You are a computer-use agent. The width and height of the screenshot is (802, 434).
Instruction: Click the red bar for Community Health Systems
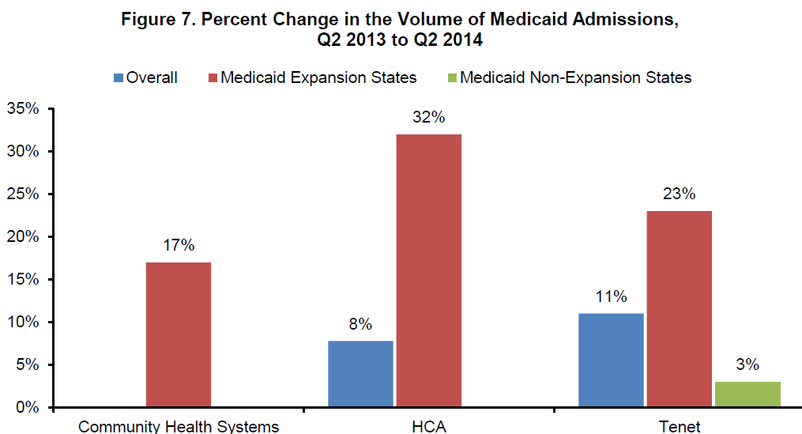(178, 334)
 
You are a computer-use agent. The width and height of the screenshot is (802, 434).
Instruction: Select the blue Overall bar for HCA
(360, 374)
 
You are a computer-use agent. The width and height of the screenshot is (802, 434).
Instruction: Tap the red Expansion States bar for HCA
(428, 270)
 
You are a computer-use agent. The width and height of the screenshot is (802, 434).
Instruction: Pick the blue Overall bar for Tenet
(611, 360)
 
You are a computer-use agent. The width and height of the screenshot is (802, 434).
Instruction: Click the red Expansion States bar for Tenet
(679, 309)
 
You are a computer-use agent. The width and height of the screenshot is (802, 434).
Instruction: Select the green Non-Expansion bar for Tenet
(747, 394)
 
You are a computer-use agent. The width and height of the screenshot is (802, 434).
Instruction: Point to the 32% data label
(428, 118)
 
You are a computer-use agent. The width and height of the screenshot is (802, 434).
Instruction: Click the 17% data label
(178, 246)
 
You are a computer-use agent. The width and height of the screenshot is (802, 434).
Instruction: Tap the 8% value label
(360, 323)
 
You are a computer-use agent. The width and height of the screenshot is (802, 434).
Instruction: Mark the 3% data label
(747, 365)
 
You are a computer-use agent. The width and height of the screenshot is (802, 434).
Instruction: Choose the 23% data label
(679, 194)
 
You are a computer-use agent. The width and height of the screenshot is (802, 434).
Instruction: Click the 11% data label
(611, 297)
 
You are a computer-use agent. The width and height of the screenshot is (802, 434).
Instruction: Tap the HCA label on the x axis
(428, 426)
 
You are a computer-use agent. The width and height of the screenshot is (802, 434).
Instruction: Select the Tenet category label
(679, 426)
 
